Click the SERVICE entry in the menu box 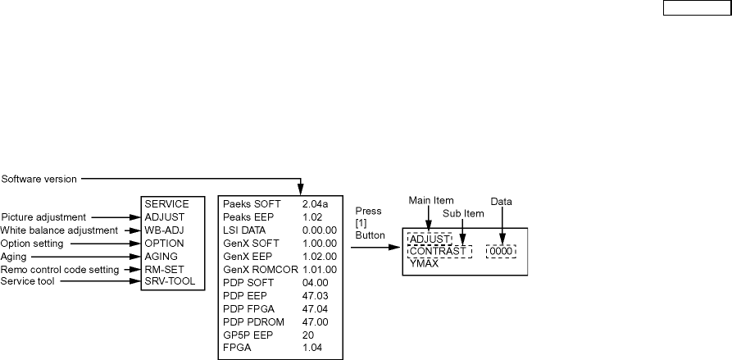166,203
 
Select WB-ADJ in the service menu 165,230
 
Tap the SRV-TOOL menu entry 169,282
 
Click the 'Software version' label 38,177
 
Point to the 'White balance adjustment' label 58,230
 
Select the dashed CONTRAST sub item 438,251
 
